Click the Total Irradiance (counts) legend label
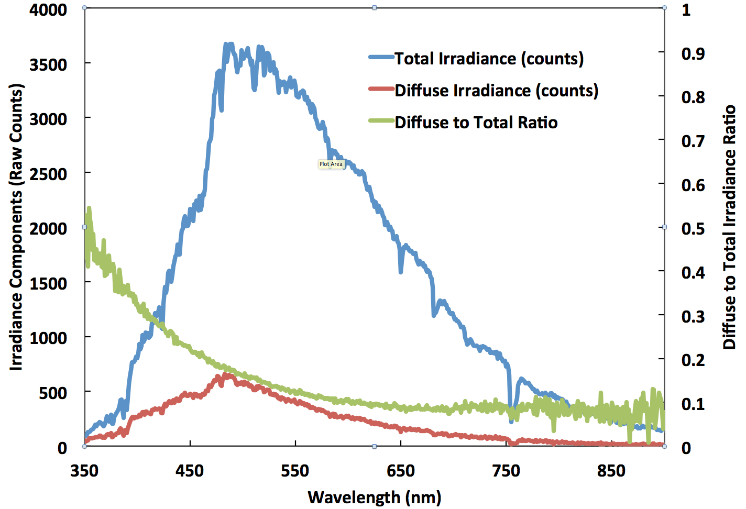(x=489, y=59)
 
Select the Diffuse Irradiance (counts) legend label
(x=496, y=91)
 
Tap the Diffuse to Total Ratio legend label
(x=476, y=123)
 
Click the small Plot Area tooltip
(x=331, y=164)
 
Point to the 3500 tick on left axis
(x=48, y=64)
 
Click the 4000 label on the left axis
(x=48, y=10)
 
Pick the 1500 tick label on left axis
(x=48, y=283)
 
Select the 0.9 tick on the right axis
(x=693, y=53)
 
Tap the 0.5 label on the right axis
(x=693, y=229)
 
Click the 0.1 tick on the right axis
(x=693, y=404)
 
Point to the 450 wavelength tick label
(x=190, y=471)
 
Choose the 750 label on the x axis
(x=506, y=471)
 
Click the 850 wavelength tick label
(x=611, y=471)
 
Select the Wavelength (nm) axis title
(x=374, y=497)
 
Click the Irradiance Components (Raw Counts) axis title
(x=17, y=227)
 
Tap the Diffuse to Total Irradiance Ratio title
(x=729, y=227)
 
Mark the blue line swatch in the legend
(x=381, y=58)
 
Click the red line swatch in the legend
(x=381, y=89)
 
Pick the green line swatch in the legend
(x=381, y=121)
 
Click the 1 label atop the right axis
(x=686, y=10)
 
